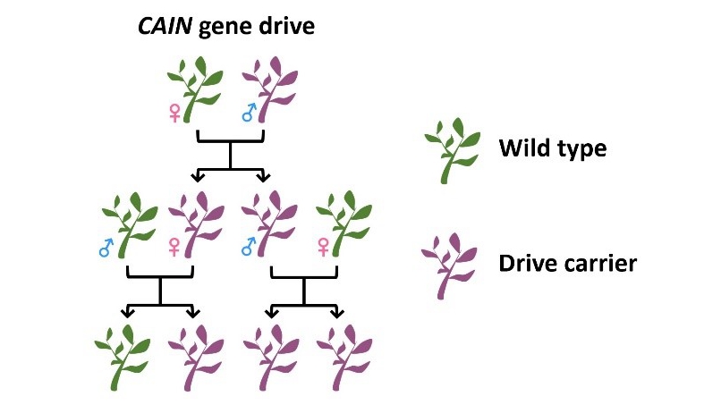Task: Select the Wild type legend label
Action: pyautogui.click(x=552, y=148)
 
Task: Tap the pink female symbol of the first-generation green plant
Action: pyautogui.click(x=174, y=113)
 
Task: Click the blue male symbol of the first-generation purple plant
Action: pyautogui.click(x=249, y=112)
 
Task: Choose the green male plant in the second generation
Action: pyautogui.click(x=131, y=224)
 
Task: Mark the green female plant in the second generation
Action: pyautogui.click(x=344, y=224)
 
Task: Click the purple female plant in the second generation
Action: pyautogui.click(x=198, y=224)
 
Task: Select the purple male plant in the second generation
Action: pyautogui.click(x=272, y=224)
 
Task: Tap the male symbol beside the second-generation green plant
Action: pyautogui.click(x=106, y=247)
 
